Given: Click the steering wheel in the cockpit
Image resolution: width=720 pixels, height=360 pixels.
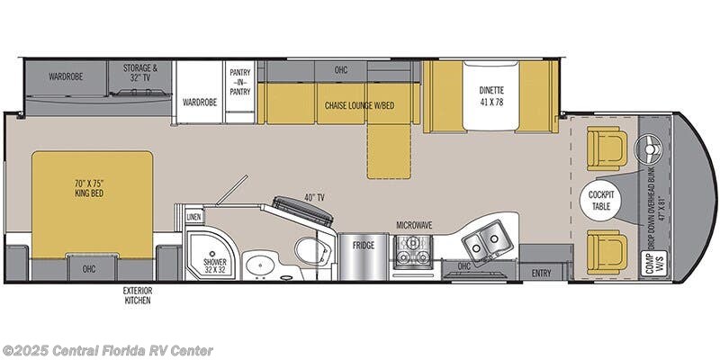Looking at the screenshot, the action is pyautogui.click(x=649, y=148).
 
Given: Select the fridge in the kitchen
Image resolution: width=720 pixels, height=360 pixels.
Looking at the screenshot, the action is pyautogui.click(x=364, y=256).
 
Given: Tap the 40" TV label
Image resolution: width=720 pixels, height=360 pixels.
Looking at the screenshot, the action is pyautogui.click(x=314, y=198).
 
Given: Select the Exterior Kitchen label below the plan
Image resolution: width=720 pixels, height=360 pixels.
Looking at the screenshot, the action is pyautogui.click(x=138, y=296).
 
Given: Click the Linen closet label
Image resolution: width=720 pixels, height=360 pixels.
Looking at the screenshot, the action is pyautogui.click(x=193, y=217).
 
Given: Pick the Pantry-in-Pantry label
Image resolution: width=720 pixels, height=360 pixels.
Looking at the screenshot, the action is pyautogui.click(x=240, y=82).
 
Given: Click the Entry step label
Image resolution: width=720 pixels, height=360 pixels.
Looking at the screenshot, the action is pyautogui.click(x=542, y=274).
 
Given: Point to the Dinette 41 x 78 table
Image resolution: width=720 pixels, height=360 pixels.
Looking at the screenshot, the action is pyautogui.click(x=491, y=96).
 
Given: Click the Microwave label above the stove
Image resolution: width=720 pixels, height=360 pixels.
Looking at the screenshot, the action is pyautogui.click(x=415, y=225).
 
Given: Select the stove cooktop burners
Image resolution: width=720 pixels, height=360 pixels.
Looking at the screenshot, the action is pyautogui.click(x=413, y=251).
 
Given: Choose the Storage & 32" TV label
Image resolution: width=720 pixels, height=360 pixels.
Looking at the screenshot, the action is pyautogui.click(x=140, y=73).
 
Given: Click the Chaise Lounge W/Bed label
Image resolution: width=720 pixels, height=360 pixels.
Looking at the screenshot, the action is pyautogui.click(x=359, y=105).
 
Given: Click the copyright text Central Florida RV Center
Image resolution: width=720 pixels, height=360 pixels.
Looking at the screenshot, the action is pyautogui.click(x=107, y=351).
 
